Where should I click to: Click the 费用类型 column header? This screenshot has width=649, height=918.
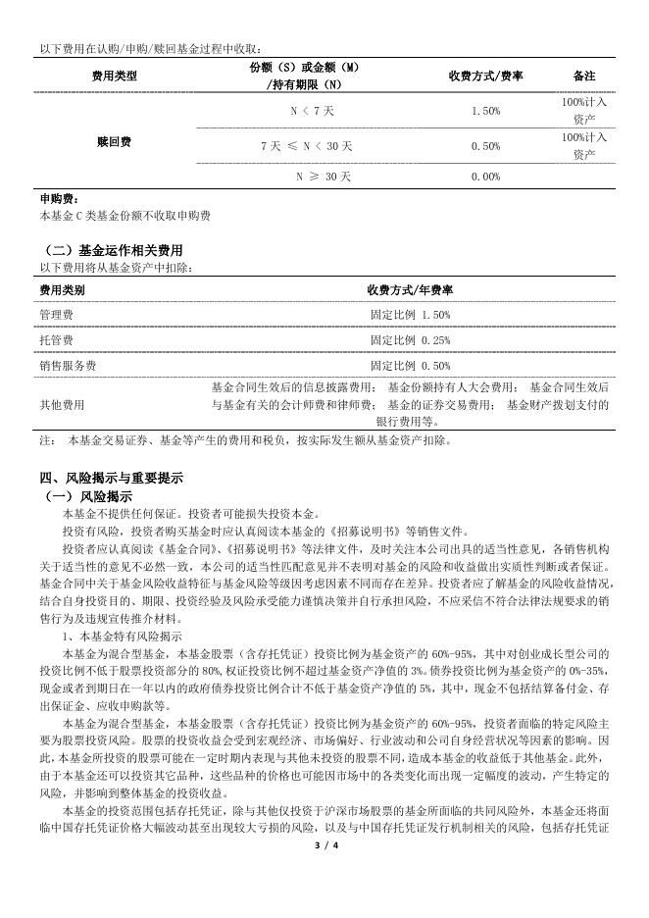click(x=115, y=76)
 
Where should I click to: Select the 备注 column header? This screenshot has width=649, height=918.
click(x=584, y=76)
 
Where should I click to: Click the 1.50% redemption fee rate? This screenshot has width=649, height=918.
click(x=485, y=111)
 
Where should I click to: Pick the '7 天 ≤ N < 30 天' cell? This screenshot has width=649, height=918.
click(x=310, y=146)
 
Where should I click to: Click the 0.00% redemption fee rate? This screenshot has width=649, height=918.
click(x=485, y=177)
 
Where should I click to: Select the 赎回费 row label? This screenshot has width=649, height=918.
click(x=115, y=143)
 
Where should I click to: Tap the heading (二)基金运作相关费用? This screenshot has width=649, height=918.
click(x=115, y=251)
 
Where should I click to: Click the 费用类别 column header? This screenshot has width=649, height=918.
click(x=62, y=290)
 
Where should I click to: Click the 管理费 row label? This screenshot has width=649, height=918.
click(x=56, y=315)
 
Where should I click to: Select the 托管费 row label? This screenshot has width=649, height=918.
click(x=56, y=340)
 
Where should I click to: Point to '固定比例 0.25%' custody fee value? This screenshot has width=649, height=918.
click(x=410, y=340)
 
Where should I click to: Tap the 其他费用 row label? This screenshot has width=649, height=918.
click(x=62, y=403)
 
